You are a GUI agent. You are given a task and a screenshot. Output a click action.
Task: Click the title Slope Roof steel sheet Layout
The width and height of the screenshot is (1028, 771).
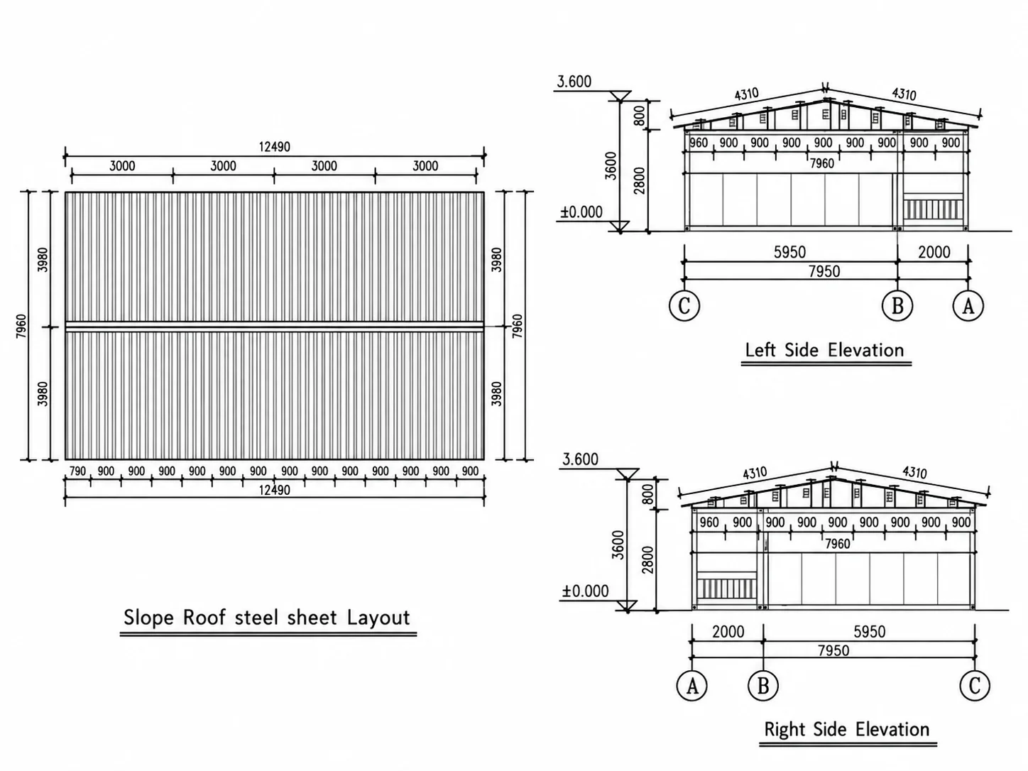pyautogui.click(x=267, y=618)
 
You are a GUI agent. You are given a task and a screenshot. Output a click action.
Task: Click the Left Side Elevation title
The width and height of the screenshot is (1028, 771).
pyautogui.click(x=824, y=350)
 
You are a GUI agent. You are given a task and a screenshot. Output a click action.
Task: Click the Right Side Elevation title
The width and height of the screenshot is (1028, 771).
pyautogui.click(x=847, y=729)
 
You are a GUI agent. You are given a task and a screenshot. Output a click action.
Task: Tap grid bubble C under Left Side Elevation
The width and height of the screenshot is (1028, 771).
pyautogui.click(x=684, y=306)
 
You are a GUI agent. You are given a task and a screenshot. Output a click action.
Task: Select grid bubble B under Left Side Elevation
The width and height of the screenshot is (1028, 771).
pyautogui.click(x=897, y=306)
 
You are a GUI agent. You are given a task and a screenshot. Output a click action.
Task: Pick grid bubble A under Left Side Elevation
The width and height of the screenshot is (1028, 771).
pyautogui.click(x=968, y=306)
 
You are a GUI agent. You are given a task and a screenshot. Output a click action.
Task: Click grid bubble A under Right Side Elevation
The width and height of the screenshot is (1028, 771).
pyautogui.click(x=691, y=687)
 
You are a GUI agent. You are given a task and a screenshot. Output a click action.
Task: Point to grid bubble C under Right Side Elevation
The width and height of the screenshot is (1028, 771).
pyautogui.click(x=975, y=687)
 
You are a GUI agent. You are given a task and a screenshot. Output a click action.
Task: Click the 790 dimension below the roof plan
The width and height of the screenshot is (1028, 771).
pyautogui.click(x=77, y=471)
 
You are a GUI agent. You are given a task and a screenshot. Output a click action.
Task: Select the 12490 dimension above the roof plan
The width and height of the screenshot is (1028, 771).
pyautogui.click(x=275, y=147)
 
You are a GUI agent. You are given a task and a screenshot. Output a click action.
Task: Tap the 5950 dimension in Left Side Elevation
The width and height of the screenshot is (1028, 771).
pyautogui.click(x=789, y=252)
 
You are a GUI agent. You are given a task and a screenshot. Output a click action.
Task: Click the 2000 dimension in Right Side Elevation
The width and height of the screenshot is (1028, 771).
pyautogui.click(x=728, y=632)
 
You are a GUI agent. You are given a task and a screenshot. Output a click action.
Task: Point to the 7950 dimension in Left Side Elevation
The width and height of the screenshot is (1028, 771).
pyautogui.click(x=824, y=271)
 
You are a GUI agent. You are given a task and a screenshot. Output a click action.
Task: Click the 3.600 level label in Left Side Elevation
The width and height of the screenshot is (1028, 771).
pyautogui.click(x=574, y=82)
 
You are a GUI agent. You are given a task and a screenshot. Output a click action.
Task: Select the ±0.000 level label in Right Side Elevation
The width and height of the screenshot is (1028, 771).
pyautogui.click(x=586, y=591)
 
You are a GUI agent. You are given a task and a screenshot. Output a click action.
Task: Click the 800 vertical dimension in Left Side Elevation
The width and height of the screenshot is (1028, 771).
pyautogui.click(x=640, y=115)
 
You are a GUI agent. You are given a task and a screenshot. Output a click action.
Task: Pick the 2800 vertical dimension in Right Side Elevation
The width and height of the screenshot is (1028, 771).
pyautogui.click(x=648, y=560)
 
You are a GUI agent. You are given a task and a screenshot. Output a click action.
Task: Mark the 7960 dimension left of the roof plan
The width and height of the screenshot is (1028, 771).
pyautogui.click(x=21, y=327)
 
